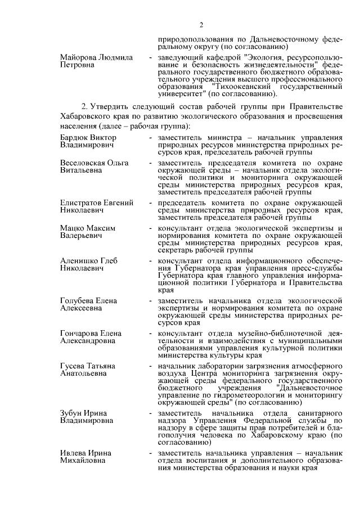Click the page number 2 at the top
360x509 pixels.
pyautogui.click(x=201, y=25)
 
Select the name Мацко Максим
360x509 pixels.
pyautogui.click(x=87, y=228)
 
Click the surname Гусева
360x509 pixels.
pyautogui.click(x=73, y=366)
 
